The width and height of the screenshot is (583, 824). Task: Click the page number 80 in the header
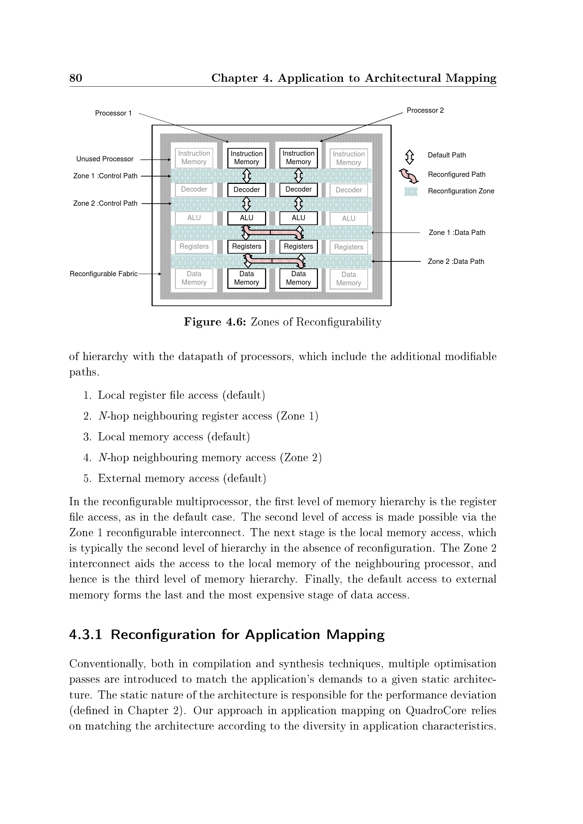coord(76,78)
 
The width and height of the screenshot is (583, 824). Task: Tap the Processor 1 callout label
coord(113,113)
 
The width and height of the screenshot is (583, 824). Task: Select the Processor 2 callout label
coord(425,110)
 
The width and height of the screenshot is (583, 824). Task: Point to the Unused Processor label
coord(104,159)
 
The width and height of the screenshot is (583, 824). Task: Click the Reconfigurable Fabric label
coord(103,274)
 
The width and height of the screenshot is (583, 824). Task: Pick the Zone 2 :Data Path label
coord(455,261)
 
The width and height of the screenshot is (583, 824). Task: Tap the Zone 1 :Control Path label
coord(105,176)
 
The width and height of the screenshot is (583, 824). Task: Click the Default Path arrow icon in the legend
coord(409,157)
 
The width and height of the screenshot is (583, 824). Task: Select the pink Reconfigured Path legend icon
coord(409,176)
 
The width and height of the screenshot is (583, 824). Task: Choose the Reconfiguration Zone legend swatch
coord(411,192)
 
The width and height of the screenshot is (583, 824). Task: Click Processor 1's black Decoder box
coord(246,190)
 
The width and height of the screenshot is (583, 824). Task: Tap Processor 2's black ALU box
coord(298,218)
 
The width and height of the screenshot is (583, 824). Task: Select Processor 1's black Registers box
coord(246,247)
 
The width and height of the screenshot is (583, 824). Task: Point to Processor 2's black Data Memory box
coord(298,278)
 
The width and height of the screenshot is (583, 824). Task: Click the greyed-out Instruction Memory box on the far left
coord(194,158)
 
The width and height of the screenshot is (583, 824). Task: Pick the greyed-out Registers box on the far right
coord(349,247)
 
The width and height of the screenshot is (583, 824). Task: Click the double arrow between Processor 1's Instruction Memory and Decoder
coord(247,176)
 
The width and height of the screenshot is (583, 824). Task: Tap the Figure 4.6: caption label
coord(215,322)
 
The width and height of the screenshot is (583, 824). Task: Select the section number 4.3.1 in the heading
coord(85,635)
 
